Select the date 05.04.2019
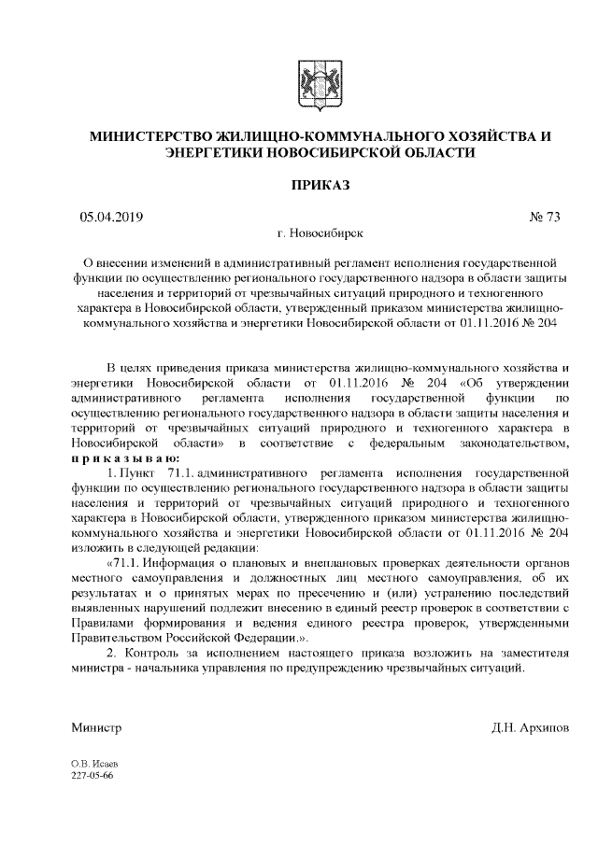tap(111, 217)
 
